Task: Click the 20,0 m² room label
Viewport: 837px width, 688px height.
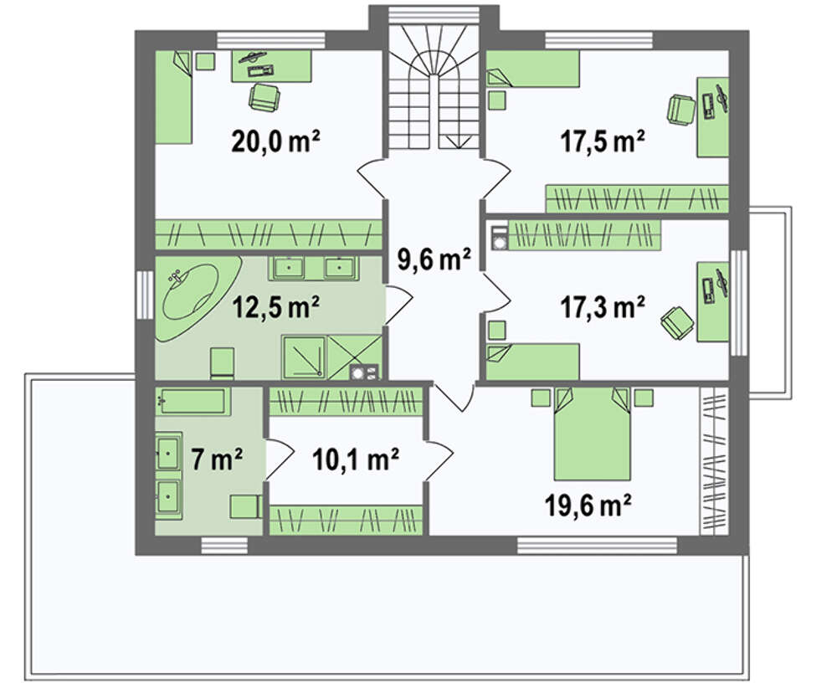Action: [x=275, y=142]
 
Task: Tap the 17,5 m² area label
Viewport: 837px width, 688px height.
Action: [x=602, y=142]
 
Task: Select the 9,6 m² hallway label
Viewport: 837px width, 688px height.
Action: [x=434, y=260]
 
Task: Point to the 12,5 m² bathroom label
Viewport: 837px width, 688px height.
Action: [x=276, y=307]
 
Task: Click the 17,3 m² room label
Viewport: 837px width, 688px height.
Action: [x=602, y=308]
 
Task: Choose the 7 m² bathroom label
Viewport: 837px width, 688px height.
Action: [x=217, y=459]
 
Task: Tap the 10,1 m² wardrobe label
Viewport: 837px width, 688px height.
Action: [x=356, y=460]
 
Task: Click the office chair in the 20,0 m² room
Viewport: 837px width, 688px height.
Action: [x=264, y=98]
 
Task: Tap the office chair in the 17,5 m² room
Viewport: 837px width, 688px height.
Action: [x=680, y=110]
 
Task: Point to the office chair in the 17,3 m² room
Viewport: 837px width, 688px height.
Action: [x=678, y=322]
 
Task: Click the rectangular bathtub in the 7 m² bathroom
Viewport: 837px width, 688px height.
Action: [x=193, y=401]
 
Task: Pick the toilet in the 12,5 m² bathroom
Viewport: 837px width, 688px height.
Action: [x=223, y=363]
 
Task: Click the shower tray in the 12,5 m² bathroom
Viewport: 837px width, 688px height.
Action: [x=303, y=357]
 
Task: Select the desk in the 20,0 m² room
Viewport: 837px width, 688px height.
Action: [x=271, y=66]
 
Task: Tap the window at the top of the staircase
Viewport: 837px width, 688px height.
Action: [x=434, y=15]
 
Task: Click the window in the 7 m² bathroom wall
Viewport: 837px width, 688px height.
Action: [x=224, y=546]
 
